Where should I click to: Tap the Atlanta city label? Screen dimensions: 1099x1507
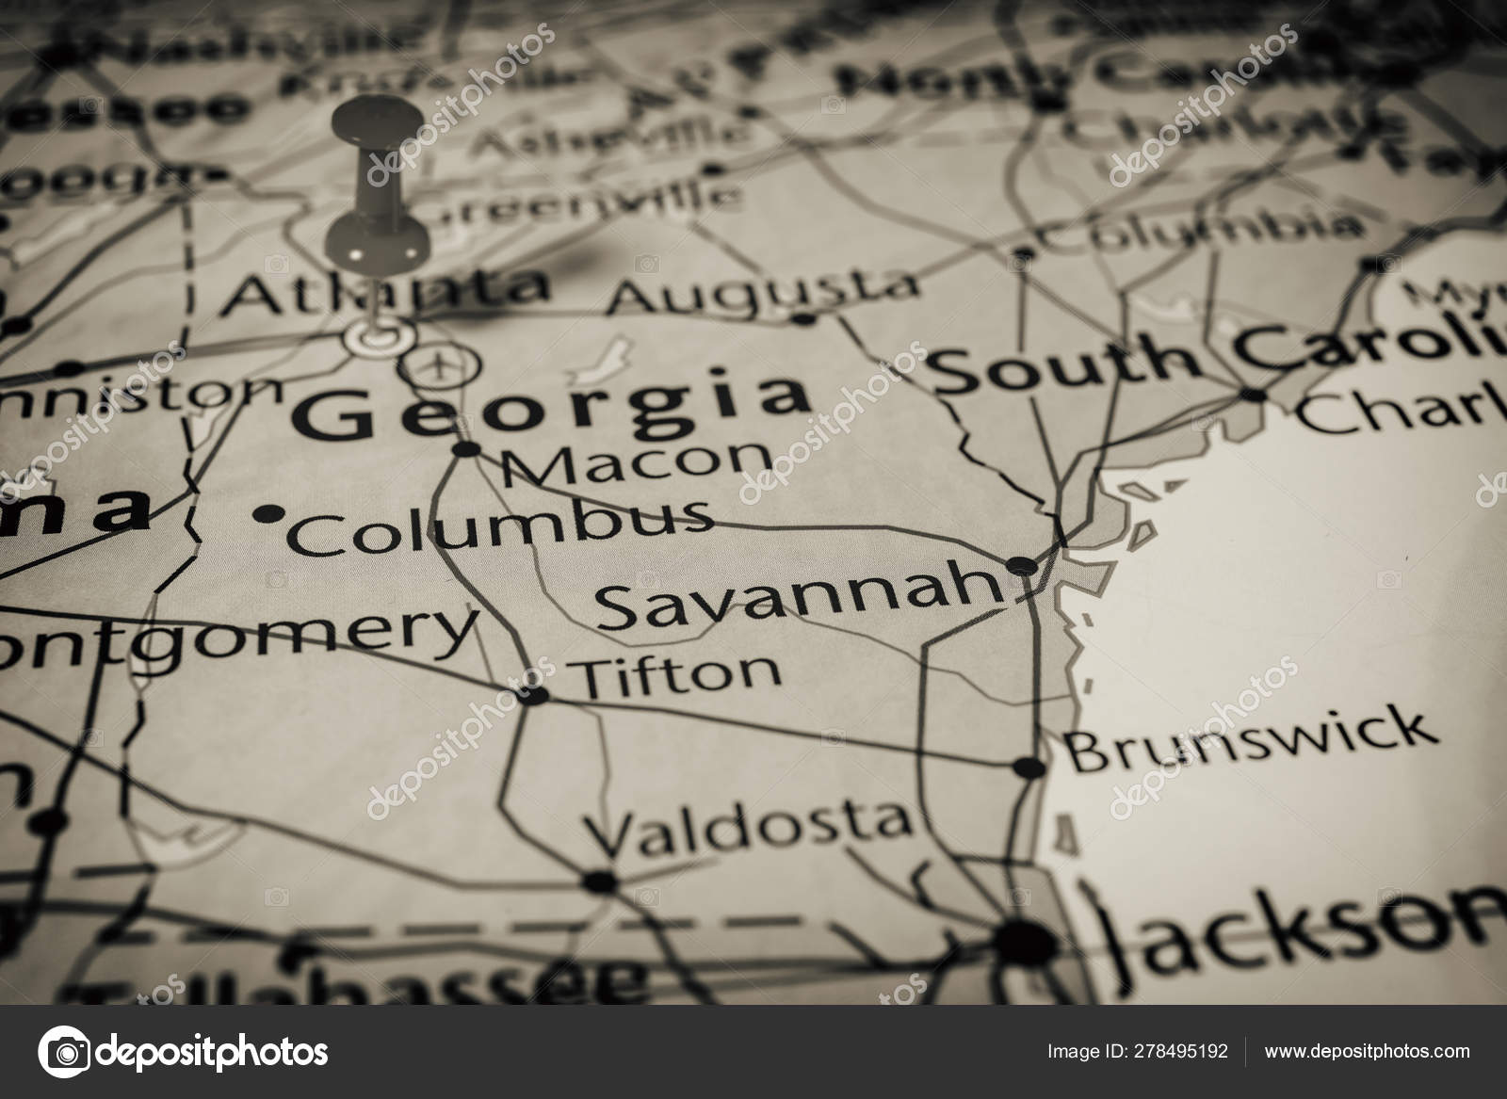point(385,289)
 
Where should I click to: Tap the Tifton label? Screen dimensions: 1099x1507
point(677,672)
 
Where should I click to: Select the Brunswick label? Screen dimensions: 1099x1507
point(1252,740)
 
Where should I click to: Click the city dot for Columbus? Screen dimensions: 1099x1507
point(270,513)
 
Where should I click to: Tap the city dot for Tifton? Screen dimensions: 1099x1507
point(534,696)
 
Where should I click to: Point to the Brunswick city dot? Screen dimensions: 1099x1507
point(1031,768)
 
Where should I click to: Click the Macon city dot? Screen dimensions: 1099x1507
point(466,449)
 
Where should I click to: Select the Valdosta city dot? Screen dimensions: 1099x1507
point(600,881)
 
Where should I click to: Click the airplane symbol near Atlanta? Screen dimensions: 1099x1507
point(440,364)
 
